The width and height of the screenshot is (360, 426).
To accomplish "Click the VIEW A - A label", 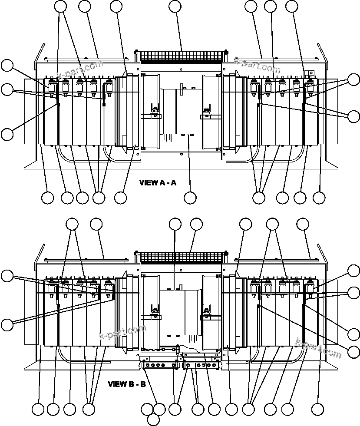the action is [x=158, y=182].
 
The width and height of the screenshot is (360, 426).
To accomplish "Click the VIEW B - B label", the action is [x=126, y=384].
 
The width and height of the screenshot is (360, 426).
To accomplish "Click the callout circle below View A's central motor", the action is [x=190, y=198].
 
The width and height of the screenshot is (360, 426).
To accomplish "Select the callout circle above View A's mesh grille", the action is [x=175, y=6].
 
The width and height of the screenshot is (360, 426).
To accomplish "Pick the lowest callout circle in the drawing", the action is [x=153, y=419].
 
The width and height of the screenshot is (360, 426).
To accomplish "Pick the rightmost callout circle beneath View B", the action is [x=318, y=409].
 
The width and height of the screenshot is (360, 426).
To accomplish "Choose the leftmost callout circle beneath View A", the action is [x=48, y=198].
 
